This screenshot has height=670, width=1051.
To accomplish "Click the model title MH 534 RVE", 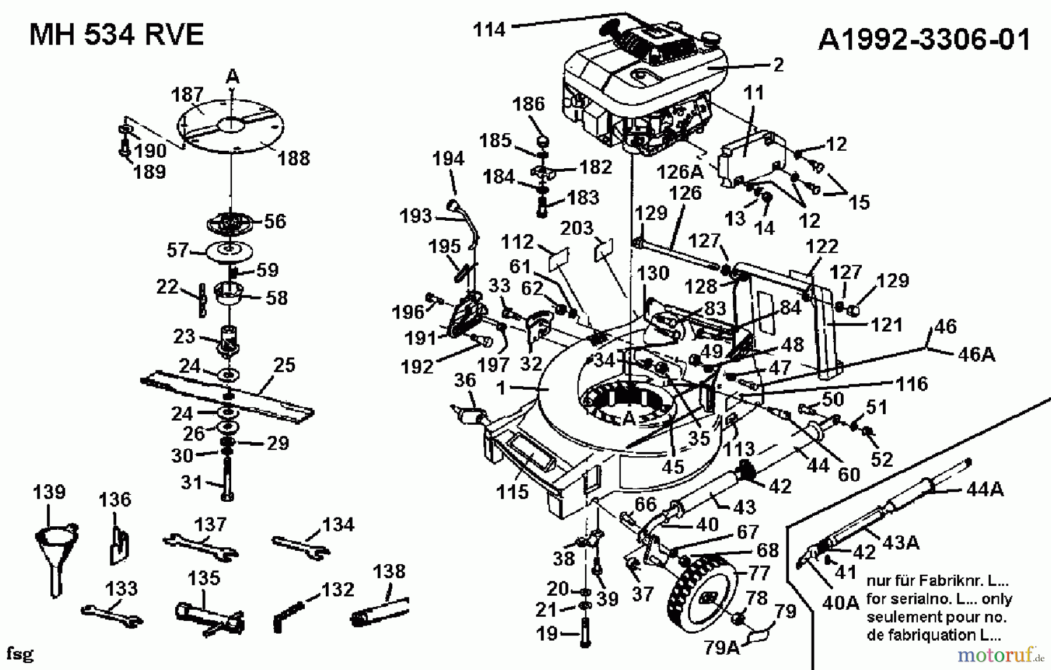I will [116, 35].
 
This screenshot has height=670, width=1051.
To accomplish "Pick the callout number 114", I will [489, 29].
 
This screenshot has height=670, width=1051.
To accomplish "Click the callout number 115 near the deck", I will [512, 492].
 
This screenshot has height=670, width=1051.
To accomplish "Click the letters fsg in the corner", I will [19, 653].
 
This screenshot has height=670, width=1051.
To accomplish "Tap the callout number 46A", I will [976, 355].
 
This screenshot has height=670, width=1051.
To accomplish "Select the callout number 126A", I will [680, 172].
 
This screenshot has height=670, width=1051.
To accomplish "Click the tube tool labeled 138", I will [380, 611].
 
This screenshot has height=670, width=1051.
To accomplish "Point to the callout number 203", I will [576, 228].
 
